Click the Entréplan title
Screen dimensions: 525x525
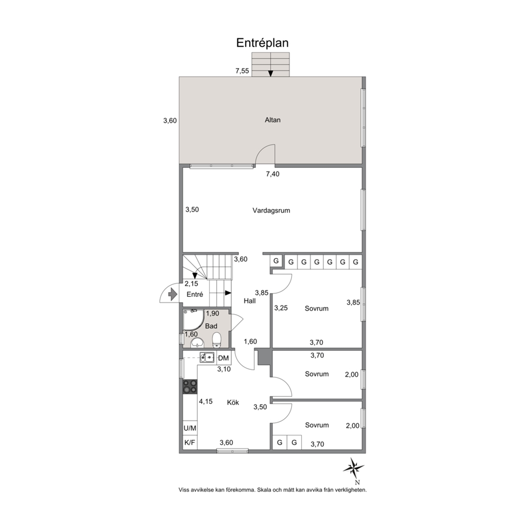point(262,43)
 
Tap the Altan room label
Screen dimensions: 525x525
point(273,120)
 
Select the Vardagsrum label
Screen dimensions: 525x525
point(271,211)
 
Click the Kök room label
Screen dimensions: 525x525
point(233,402)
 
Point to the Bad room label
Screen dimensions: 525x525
point(211,326)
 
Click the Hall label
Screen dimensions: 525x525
point(250,301)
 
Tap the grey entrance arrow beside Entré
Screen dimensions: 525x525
point(172,294)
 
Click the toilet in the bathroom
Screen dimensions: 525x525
point(217,339)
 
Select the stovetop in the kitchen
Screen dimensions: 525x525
point(190,386)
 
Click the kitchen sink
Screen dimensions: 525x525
point(207,357)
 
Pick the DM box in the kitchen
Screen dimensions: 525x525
point(224,358)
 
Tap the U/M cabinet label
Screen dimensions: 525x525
point(190,428)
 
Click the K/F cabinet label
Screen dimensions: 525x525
point(190,442)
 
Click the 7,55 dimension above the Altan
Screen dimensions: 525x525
point(242,70)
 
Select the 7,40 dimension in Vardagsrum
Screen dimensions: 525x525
point(273,174)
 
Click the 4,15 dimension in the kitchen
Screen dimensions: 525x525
point(206,401)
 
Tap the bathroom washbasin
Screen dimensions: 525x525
point(197,343)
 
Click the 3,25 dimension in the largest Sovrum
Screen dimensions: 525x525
point(281,308)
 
